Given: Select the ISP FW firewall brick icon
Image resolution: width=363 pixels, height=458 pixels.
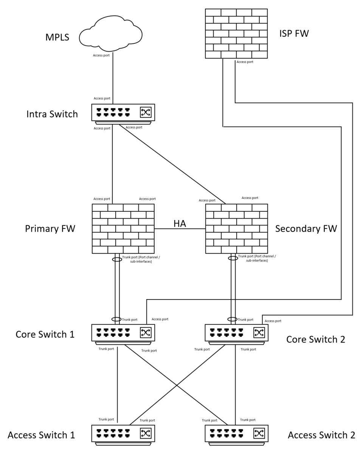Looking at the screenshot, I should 236,34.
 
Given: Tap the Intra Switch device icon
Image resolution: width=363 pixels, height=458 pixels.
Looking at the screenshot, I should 123,113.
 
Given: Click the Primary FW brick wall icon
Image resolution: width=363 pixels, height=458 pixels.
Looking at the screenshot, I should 123,228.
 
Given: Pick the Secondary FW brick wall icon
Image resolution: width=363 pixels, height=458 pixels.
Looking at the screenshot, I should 236,228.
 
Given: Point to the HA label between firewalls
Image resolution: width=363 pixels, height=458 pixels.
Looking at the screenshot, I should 180,224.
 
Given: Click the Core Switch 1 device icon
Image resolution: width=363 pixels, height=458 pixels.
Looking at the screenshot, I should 123,333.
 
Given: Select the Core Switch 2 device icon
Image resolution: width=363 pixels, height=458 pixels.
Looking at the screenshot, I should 236,333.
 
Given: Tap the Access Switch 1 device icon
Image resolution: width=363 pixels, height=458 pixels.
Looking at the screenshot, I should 123,433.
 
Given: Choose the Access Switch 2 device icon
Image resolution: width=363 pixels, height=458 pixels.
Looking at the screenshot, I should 236,433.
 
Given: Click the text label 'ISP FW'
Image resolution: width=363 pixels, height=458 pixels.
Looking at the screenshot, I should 294,34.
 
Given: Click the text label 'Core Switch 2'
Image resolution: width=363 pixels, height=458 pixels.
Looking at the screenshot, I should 315,339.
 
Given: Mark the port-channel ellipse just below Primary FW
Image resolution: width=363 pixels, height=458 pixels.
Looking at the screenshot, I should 117,259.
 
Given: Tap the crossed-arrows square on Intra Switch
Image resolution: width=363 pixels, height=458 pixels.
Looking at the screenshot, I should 146,112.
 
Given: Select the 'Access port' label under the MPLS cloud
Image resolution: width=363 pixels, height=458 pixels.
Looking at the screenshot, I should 101,56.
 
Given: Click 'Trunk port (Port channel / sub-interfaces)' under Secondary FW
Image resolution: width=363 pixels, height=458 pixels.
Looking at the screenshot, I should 257,258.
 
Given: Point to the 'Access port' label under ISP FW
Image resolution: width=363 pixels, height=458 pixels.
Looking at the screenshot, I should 245,62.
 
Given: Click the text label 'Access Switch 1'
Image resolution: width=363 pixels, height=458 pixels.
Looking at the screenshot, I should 41,435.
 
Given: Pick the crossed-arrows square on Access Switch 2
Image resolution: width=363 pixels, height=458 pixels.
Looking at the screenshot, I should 259,433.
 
